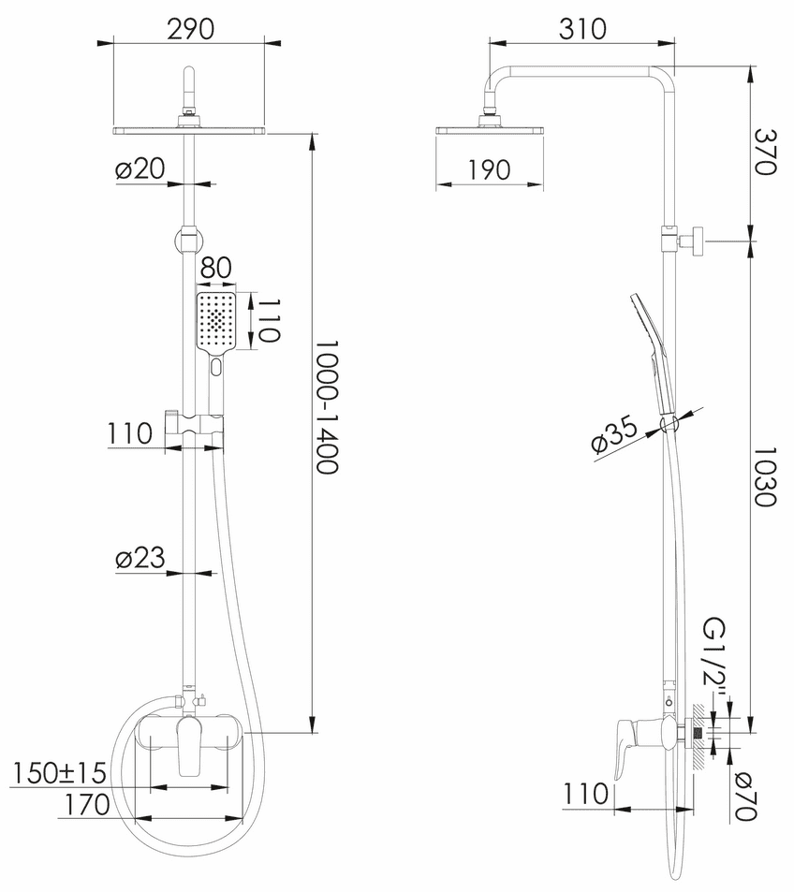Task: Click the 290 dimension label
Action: pos(191,30)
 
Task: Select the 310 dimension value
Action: pos(582,30)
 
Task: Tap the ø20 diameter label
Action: pos(140,169)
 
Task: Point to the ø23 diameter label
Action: pos(140,558)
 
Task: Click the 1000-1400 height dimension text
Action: pos(328,407)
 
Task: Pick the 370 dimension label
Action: pos(765,152)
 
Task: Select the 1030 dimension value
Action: pos(765,476)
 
